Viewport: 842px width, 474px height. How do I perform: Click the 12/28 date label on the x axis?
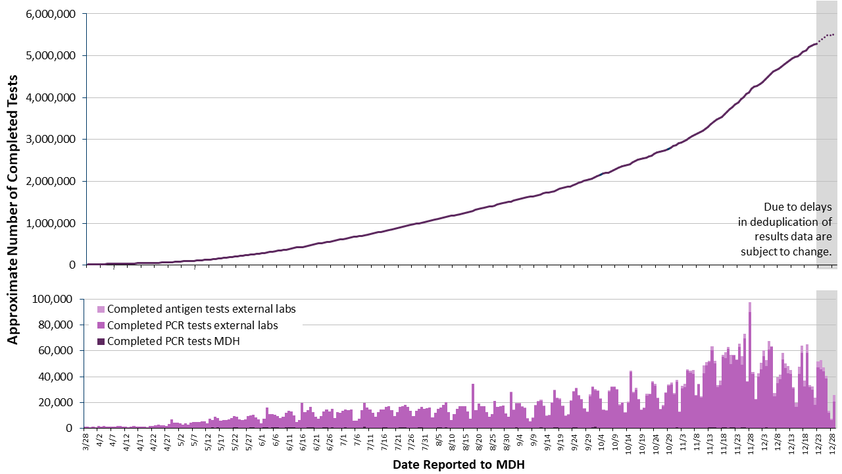(x=832, y=442)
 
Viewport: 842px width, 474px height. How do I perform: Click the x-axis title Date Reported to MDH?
(x=458, y=464)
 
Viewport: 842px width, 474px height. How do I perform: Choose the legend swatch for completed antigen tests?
(x=101, y=309)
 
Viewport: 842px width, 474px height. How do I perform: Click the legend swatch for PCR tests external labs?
(x=101, y=325)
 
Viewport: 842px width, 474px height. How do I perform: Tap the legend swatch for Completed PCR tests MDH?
(x=101, y=341)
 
